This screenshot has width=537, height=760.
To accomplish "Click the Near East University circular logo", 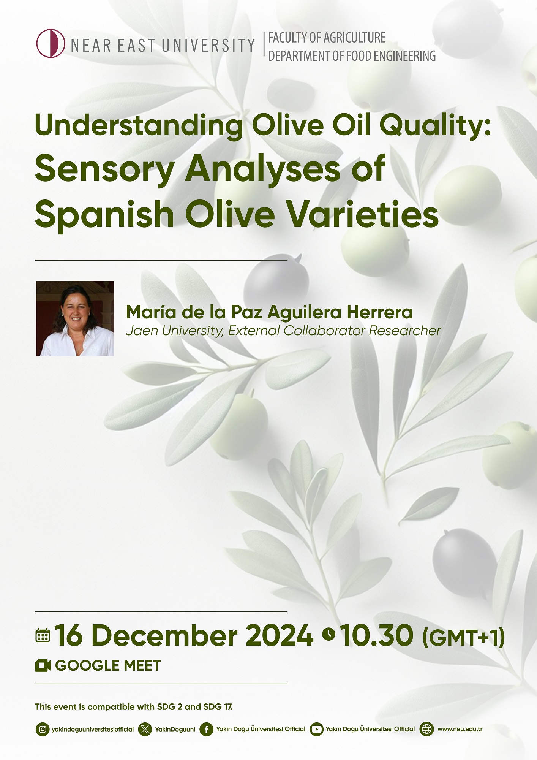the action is point(51,43).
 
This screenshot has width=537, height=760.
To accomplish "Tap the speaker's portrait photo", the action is point(75,318).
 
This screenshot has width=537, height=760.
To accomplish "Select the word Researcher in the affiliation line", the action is point(404,331).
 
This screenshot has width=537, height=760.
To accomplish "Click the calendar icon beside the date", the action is point(43,635).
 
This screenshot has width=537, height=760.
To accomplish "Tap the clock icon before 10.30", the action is point(329,633).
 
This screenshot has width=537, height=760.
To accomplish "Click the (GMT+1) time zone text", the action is point(463,637).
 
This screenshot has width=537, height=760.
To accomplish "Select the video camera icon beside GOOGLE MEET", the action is point(43,666).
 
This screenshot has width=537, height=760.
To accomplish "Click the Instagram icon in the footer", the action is point(43,729).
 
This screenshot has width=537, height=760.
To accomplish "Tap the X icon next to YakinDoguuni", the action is point(145,729).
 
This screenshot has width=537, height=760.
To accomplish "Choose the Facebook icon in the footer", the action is point(206,729).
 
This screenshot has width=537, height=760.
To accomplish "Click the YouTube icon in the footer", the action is point(316,729).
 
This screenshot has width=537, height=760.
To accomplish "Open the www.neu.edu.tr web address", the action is point(460,729).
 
